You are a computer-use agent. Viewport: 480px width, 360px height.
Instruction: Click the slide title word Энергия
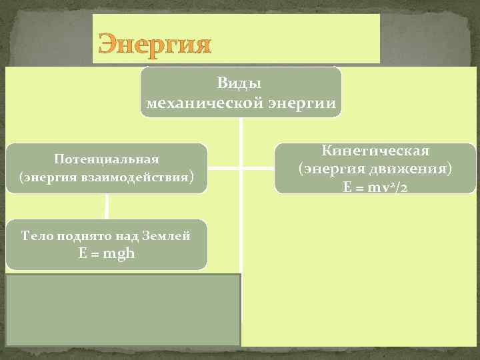point(154,45)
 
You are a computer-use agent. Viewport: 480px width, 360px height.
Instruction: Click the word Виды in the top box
point(239,84)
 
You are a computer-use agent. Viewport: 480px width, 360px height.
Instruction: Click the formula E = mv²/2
point(375,187)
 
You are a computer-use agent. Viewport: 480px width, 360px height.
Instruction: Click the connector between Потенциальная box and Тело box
point(107,207)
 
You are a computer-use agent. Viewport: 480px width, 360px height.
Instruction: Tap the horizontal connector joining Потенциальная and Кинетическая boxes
point(240,168)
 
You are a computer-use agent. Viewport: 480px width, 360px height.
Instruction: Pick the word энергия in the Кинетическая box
point(337,169)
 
